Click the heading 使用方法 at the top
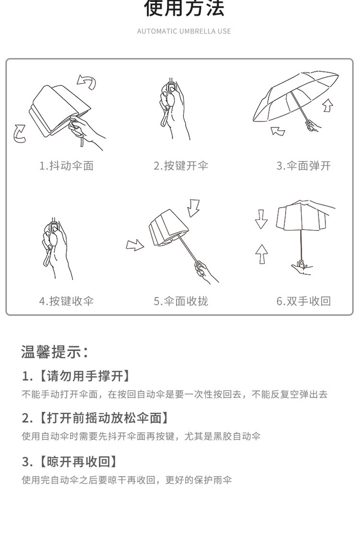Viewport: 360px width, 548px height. [x=184, y=8]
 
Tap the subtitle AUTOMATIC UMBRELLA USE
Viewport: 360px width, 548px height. [x=184, y=31]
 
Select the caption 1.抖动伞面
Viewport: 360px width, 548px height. [x=66, y=166]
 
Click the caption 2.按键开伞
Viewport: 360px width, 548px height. [x=181, y=166]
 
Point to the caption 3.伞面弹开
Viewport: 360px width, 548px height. [x=303, y=166]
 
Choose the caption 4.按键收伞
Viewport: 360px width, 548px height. [x=66, y=301]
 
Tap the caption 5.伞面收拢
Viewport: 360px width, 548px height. [x=181, y=301]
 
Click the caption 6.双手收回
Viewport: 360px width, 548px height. [x=303, y=301]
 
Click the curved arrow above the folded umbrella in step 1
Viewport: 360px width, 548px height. [x=87, y=82]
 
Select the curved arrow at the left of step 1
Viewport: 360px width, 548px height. [x=19, y=133]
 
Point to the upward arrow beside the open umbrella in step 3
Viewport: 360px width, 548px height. [x=327, y=104]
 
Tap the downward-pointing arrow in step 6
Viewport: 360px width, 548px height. [x=261, y=219]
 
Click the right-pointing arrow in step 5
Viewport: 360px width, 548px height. [x=135, y=245]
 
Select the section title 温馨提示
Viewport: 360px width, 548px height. [x=55, y=351]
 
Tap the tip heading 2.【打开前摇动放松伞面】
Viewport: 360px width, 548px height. [x=96, y=418]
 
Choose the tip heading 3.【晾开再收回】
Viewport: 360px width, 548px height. [x=70, y=462]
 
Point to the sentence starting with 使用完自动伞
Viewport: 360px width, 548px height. [x=127, y=480]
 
